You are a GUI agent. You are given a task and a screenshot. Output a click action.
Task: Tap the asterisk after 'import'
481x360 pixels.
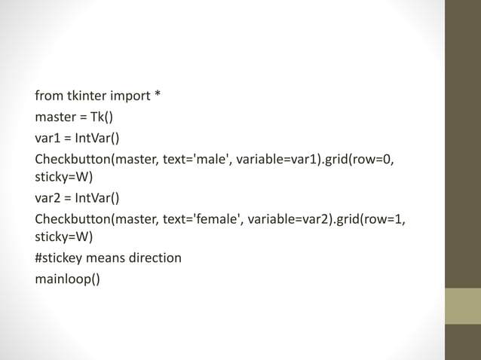click(158, 96)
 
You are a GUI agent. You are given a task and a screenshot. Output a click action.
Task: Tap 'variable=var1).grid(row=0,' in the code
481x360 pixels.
click(316, 159)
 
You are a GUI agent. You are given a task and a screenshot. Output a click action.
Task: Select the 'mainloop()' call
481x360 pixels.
click(67, 279)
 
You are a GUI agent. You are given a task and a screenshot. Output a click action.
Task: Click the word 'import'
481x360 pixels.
click(130, 96)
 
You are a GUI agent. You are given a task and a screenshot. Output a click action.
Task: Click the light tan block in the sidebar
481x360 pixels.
click(462, 306)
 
